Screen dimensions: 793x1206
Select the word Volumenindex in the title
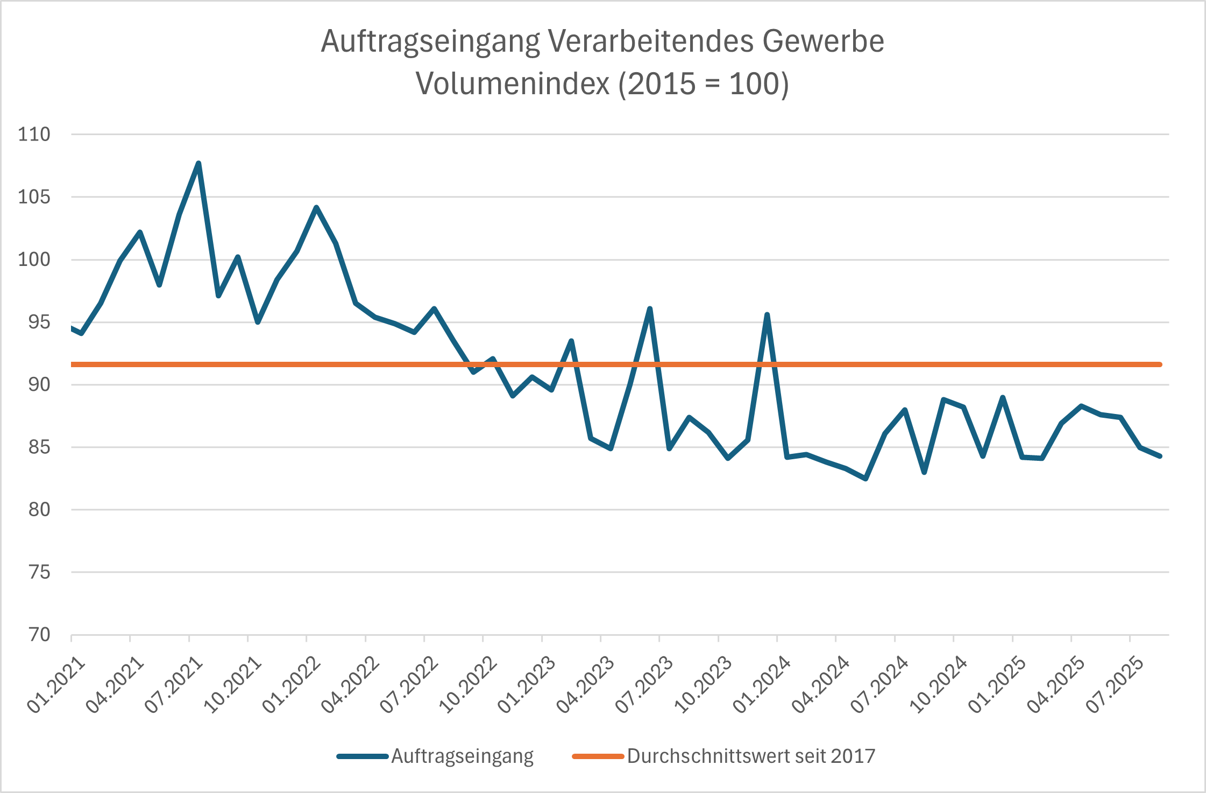pyautogui.click(x=513, y=84)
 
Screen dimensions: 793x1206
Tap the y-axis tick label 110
pyautogui.click(x=34, y=134)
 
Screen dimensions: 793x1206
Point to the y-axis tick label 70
pyautogui.click(x=39, y=635)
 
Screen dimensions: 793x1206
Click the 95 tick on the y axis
pyautogui.click(x=39, y=322)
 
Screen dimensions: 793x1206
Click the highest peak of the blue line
pyautogui.click(x=198, y=163)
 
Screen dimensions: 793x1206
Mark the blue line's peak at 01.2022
pyautogui.click(x=316, y=207)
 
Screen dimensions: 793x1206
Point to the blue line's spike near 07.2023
pyautogui.click(x=650, y=309)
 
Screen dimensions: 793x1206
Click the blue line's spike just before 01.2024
pyautogui.click(x=767, y=315)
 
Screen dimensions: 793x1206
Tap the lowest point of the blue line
pyautogui.click(x=866, y=479)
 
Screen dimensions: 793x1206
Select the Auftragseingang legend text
pyautogui.click(x=462, y=756)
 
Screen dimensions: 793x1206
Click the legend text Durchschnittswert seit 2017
pyautogui.click(x=751, y=756)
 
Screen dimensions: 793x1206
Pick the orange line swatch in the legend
pyautogui.click(x=598, y=756)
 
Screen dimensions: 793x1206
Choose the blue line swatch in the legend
pyautogui.click(x=362, y=756)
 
